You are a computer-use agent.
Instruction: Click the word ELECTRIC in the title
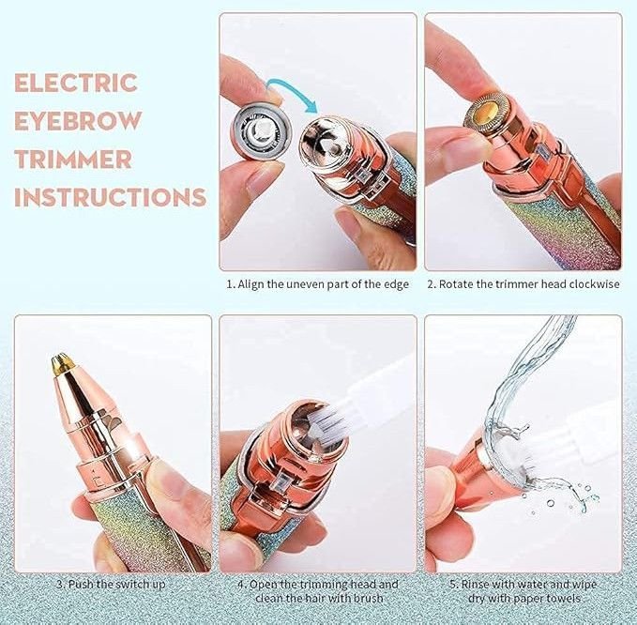[76, 83]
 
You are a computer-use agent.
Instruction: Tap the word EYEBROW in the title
[78, 121]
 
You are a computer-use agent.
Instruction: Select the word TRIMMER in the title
[73, 159]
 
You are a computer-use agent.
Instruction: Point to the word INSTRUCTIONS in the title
[110, 197]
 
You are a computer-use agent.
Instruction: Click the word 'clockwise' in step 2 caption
[595, 284]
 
